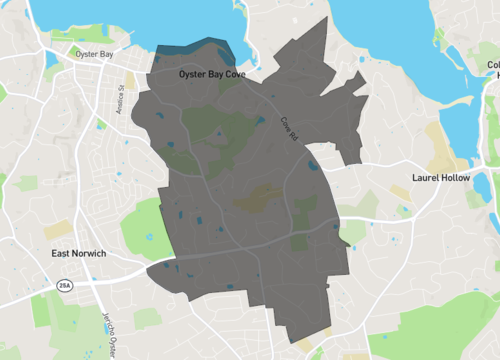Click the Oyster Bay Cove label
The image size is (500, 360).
tap(211, 75)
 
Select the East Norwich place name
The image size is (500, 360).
tap(79, 254)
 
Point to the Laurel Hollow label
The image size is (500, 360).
tap(440, 178)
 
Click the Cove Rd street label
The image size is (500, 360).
tap(289, 127)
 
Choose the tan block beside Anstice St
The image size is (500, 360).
tap(130, 79)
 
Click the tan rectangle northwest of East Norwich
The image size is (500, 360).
tap(57, 229)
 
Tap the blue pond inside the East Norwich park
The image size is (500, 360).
tap(148, 237)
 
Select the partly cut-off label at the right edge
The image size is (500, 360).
tap(493, 70)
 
